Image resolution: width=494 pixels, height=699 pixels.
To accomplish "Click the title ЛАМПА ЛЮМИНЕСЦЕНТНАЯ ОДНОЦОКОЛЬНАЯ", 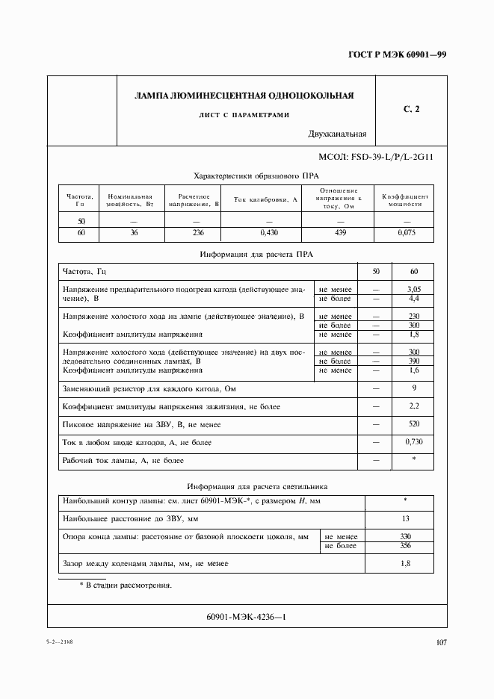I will [x=244, y=96].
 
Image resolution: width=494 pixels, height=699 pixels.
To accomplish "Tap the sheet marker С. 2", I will [x=412, y=110].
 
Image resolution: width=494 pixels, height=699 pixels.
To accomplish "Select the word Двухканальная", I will [x=336, y=134].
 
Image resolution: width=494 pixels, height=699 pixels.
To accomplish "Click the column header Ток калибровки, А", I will [x=265, y=200].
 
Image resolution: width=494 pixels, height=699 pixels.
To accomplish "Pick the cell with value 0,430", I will [x=265, y=234].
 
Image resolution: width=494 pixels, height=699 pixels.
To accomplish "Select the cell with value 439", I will [x=342, y=234].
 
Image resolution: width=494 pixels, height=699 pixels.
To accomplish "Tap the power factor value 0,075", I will [x=406, y=234].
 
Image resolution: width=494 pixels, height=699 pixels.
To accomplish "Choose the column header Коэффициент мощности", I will [x=406, y=200].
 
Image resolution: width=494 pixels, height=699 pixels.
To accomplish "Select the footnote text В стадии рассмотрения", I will [x=129, y=585].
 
